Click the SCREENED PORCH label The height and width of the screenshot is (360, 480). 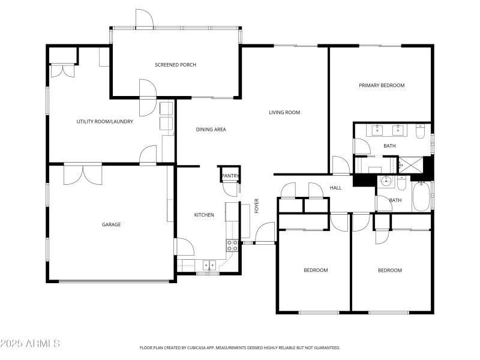tap(175, 65)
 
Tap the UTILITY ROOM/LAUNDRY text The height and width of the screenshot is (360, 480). tap(104, 121)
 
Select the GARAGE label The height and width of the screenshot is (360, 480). tap(111, 224)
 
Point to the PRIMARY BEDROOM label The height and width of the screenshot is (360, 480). tap(382, 85)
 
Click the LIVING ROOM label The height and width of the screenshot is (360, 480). tap(284, 112)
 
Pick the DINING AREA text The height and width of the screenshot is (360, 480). tap(211, 129)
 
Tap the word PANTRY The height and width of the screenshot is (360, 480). tap(230, 176)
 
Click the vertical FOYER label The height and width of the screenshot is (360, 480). tap(257, 206)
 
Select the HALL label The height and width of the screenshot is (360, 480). tap(335, 188)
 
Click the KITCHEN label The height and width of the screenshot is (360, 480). tap(203, 215)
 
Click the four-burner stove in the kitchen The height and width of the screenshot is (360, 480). tap(232, 245)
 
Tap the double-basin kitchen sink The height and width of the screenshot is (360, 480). tap(209, 264)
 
